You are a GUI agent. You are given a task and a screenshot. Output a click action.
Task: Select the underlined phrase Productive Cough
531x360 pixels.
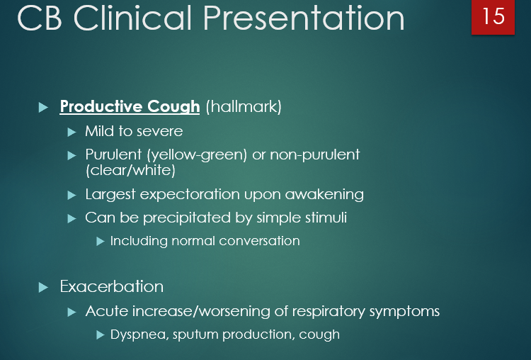pyautogui.click(x=130, y=107)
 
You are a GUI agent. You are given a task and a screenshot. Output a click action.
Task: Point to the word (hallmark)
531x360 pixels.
pyautogui.click(x=244, y=107)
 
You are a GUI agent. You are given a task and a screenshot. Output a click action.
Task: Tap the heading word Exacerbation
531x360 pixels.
pyautogui.click(x=112, y=287)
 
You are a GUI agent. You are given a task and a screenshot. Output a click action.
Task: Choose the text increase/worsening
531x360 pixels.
pyautogui.click(x=195, y=311)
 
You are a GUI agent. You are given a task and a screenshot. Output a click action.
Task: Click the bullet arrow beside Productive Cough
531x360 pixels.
pyautogui.click(x=43, y=108)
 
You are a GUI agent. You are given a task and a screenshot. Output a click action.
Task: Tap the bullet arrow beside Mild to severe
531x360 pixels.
pyautogui.click(x=71, y=132)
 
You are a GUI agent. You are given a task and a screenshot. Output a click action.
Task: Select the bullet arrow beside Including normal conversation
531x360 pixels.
pyautogui.click(x=100, y=242)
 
